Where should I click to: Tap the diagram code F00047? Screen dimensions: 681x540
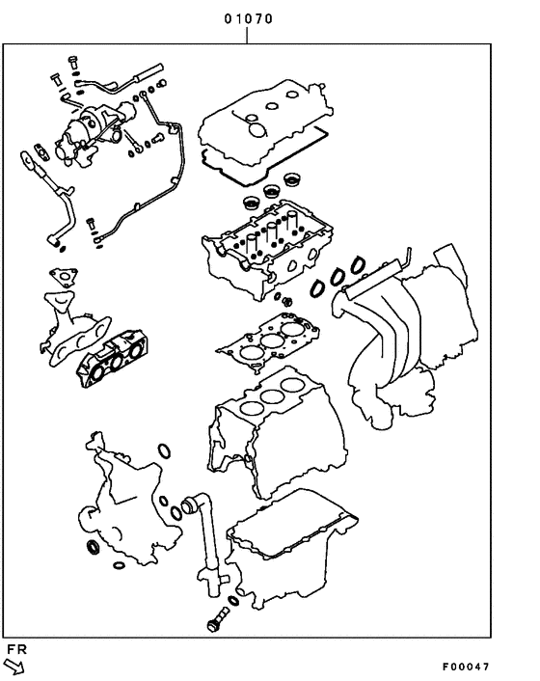coord(467,667)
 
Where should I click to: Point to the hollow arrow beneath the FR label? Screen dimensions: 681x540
coord(14,667)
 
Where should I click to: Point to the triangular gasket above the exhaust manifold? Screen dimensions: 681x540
coord(63,278)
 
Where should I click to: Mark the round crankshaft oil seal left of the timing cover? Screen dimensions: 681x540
coord(94,549)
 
